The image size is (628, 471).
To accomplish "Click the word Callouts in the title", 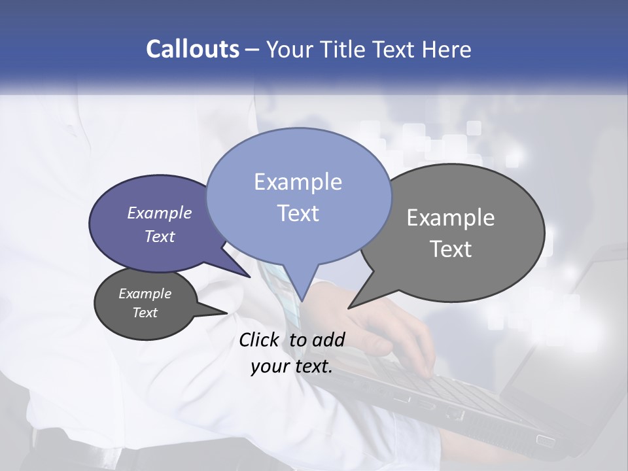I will tap(192, 50).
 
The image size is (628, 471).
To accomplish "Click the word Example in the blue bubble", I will tap(298, 182).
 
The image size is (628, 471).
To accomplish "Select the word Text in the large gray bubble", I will tap(451, 249).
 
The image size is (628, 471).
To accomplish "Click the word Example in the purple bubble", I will tap(160, 213).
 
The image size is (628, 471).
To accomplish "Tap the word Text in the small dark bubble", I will tap(145, 313).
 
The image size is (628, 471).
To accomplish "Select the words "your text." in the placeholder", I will tap(292, 366).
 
